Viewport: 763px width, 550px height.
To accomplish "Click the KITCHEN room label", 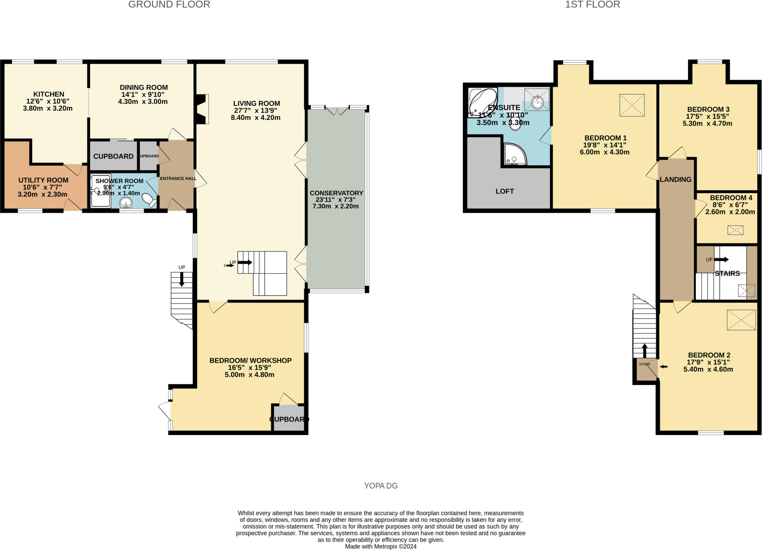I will click(x=49, y=94).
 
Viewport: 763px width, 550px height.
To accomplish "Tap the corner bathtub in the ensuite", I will click(x=482, y=101).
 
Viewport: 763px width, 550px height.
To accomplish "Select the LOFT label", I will click(x=504, y=191).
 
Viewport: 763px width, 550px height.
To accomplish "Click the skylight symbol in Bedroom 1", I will click(x=632, y=105).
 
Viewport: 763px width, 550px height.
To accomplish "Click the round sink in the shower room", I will click(x=126, y=203).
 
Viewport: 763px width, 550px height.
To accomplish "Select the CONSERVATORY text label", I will click(x=336, y=193).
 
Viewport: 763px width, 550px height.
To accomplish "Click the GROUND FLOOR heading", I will click(x=169, y=4).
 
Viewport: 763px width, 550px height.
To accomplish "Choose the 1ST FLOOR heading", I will click(x=592, y=4).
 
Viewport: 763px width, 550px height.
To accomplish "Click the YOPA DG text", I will click(x=381, y=486).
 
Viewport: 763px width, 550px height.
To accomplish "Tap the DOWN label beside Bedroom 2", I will click(x=645, y=364).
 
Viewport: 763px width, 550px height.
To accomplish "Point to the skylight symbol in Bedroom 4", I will click(x=735, y=230).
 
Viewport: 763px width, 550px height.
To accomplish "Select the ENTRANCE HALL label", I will click(x=178, y=178).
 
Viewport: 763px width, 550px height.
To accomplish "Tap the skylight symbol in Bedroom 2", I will click(x=741, y=320).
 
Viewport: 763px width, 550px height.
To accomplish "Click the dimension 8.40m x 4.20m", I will click(x=255, y=118).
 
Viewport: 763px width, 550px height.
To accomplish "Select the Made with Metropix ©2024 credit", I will click(x=380, y=547).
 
